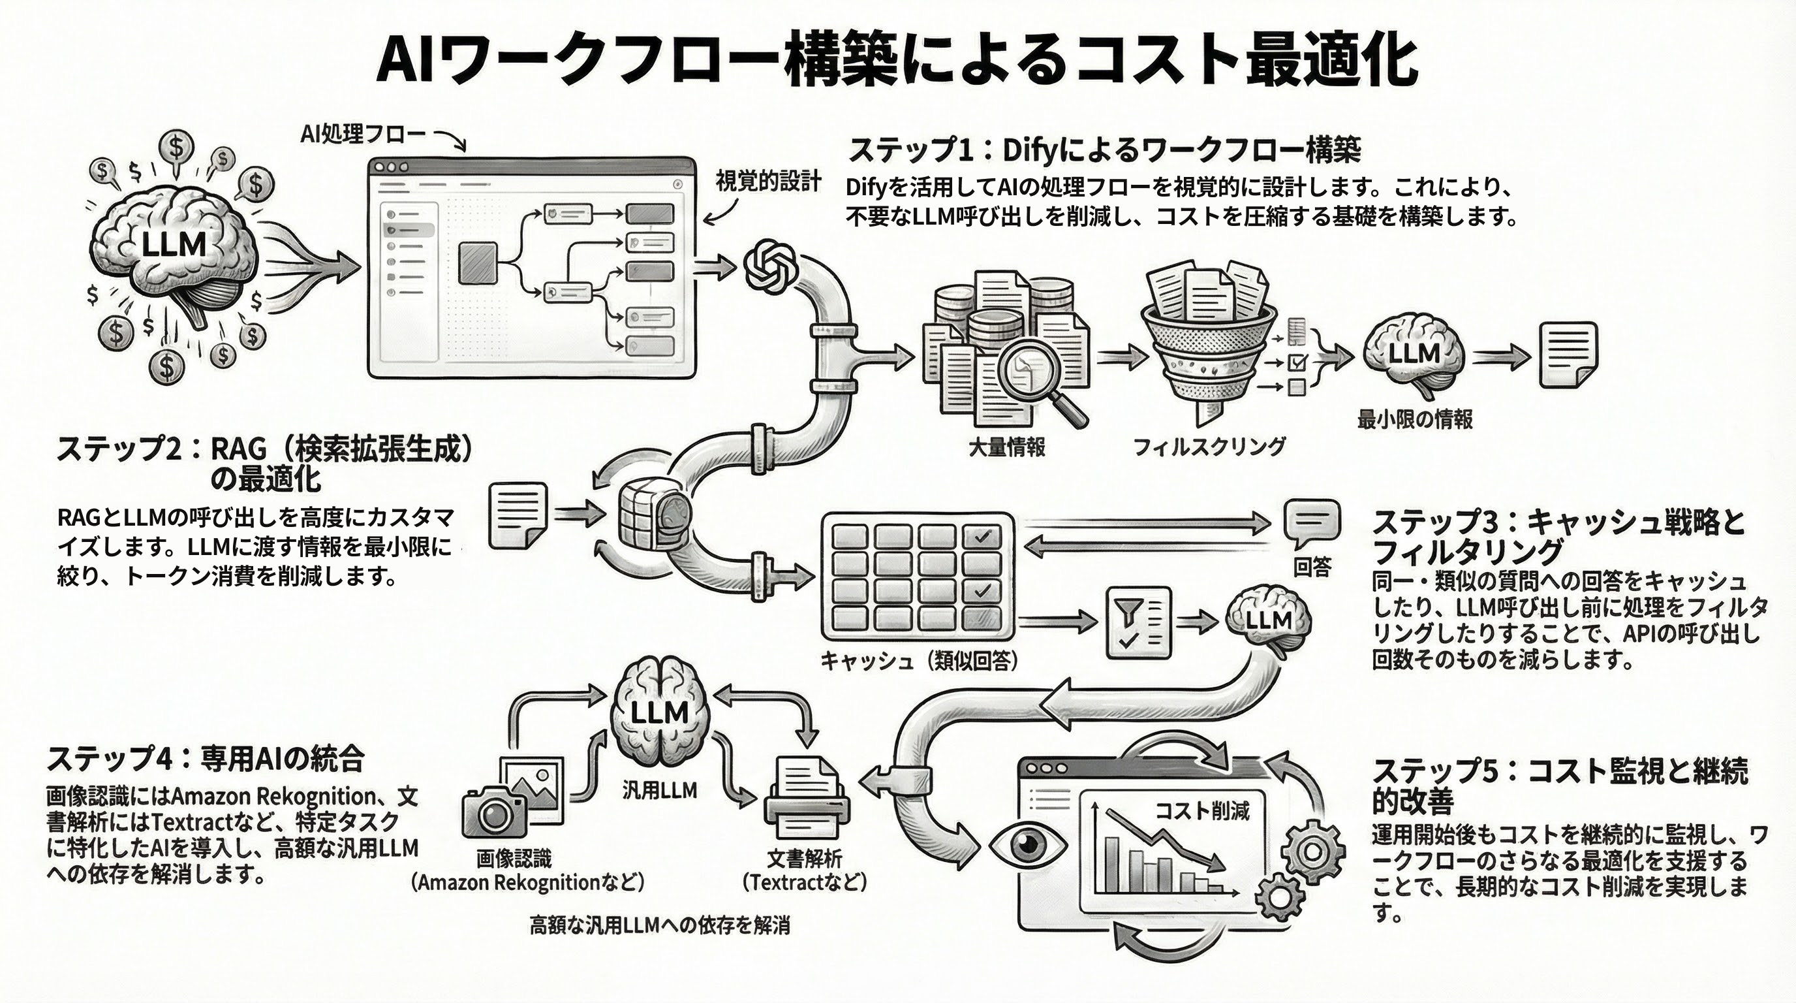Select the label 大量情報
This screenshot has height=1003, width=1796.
pyautogui.click(x=1007, y=447)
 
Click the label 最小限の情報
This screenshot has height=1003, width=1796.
pyautogui.click(x=1415, y=419)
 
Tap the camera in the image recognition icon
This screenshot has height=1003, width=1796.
pyautogui.click(x=493, y=812)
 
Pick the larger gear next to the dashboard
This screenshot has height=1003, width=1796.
pyautogui.click(x=1313, y=852)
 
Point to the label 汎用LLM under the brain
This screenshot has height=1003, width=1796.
pyautogui.click(x=659, y=790)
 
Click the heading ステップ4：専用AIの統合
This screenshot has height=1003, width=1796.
pyautogui.click(x=206, y=759)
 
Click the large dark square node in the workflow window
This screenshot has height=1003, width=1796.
pyautogui.click(x=478, y=263)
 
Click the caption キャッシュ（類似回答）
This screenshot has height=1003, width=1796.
pyautogui.click(x=919, y=661)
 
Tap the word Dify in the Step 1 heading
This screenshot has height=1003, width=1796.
pyautogui.click(x=1032, y=150)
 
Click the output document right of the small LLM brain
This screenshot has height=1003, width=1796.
pyautogui.click(x=1568, y=355)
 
